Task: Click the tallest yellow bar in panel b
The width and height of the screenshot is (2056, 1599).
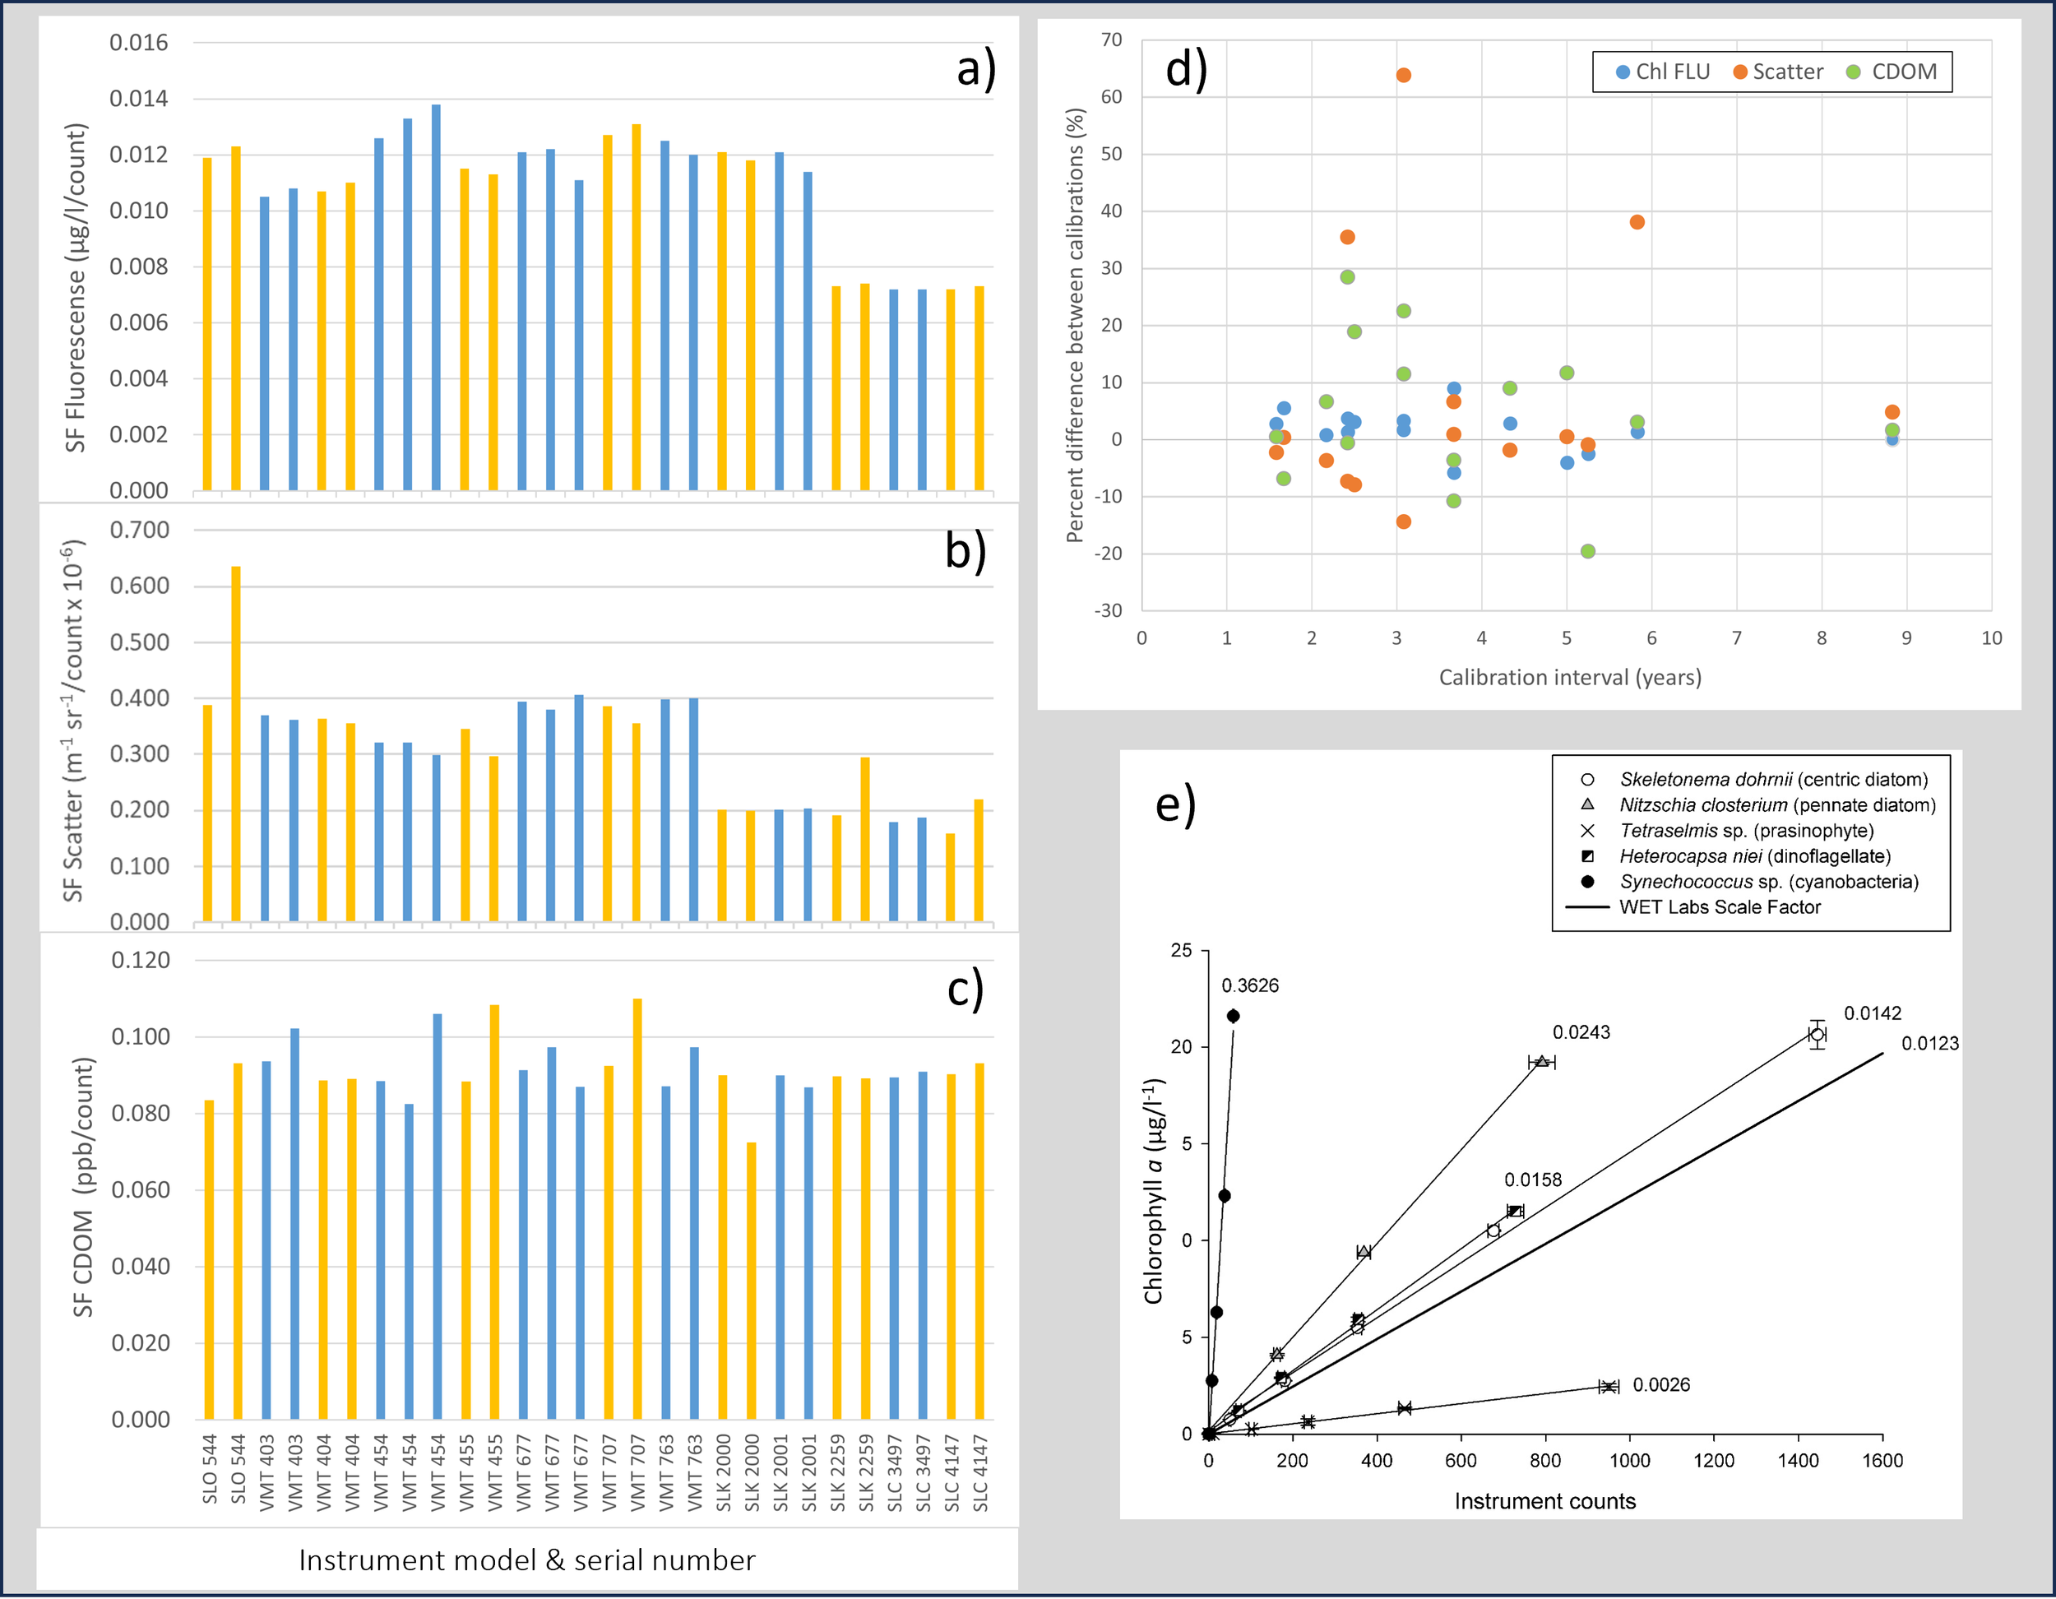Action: tap(235, 744)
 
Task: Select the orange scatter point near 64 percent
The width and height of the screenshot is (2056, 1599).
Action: tap(1403, 76)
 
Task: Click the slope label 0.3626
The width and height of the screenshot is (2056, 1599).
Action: tap(1250, 986)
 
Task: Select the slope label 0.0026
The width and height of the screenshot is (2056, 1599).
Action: tap(1660, 1384)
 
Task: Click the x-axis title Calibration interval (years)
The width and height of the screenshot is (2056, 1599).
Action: tap(1569, 677)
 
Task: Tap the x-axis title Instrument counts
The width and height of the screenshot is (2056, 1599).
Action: tap(1544, 1501)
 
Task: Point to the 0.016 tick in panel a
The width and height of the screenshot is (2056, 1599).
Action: tap(138, 43)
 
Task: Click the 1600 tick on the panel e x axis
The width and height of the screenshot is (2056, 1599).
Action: tap(1882, 1461)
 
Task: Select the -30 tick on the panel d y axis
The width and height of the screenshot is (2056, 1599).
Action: tap(1108, 610)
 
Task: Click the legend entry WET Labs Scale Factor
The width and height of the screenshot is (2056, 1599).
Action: tap(1719, 907)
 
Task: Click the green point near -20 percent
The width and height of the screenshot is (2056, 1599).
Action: tap(1588, 551)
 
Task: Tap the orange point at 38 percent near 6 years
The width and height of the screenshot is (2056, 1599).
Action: tap(1637, 222)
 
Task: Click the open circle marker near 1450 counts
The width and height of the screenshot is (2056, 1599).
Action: tap(1817, 1034)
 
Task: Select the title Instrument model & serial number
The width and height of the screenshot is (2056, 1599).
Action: tap(526, 1560)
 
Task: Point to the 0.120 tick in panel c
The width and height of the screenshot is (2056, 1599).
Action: tap(141, 960)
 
